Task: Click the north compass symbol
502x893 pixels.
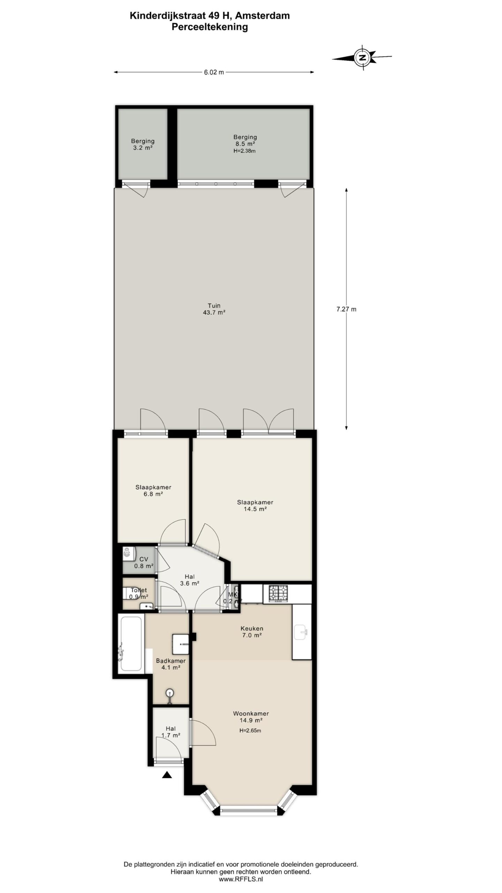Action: pyautogui.click(x=362, y=58)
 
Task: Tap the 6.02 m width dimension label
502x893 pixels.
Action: pyautogui.click(x=214, y=72)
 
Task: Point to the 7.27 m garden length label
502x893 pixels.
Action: pyautogui.click(x=346, y=309)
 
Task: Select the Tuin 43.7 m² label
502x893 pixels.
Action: pyautogui.click(x=214, y=309)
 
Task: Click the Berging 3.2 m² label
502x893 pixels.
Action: pyautogui.click(x=143, y=144)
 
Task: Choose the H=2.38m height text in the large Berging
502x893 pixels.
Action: pyautogui.click(x=245, y=151)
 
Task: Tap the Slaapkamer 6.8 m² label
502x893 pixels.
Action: pyautogui.click(x=153, y=490)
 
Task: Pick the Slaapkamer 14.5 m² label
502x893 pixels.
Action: pyautogui.click(x=255, y=505)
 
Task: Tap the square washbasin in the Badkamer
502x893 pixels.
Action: pyautogui.click(x=181, y=644)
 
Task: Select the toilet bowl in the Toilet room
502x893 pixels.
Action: pyautogui.click(x=131, y=593)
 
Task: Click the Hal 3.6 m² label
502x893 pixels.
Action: pyautogui.click(x=190, y=580)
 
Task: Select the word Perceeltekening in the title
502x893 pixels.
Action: pyautogui.click(x=210, y=27)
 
